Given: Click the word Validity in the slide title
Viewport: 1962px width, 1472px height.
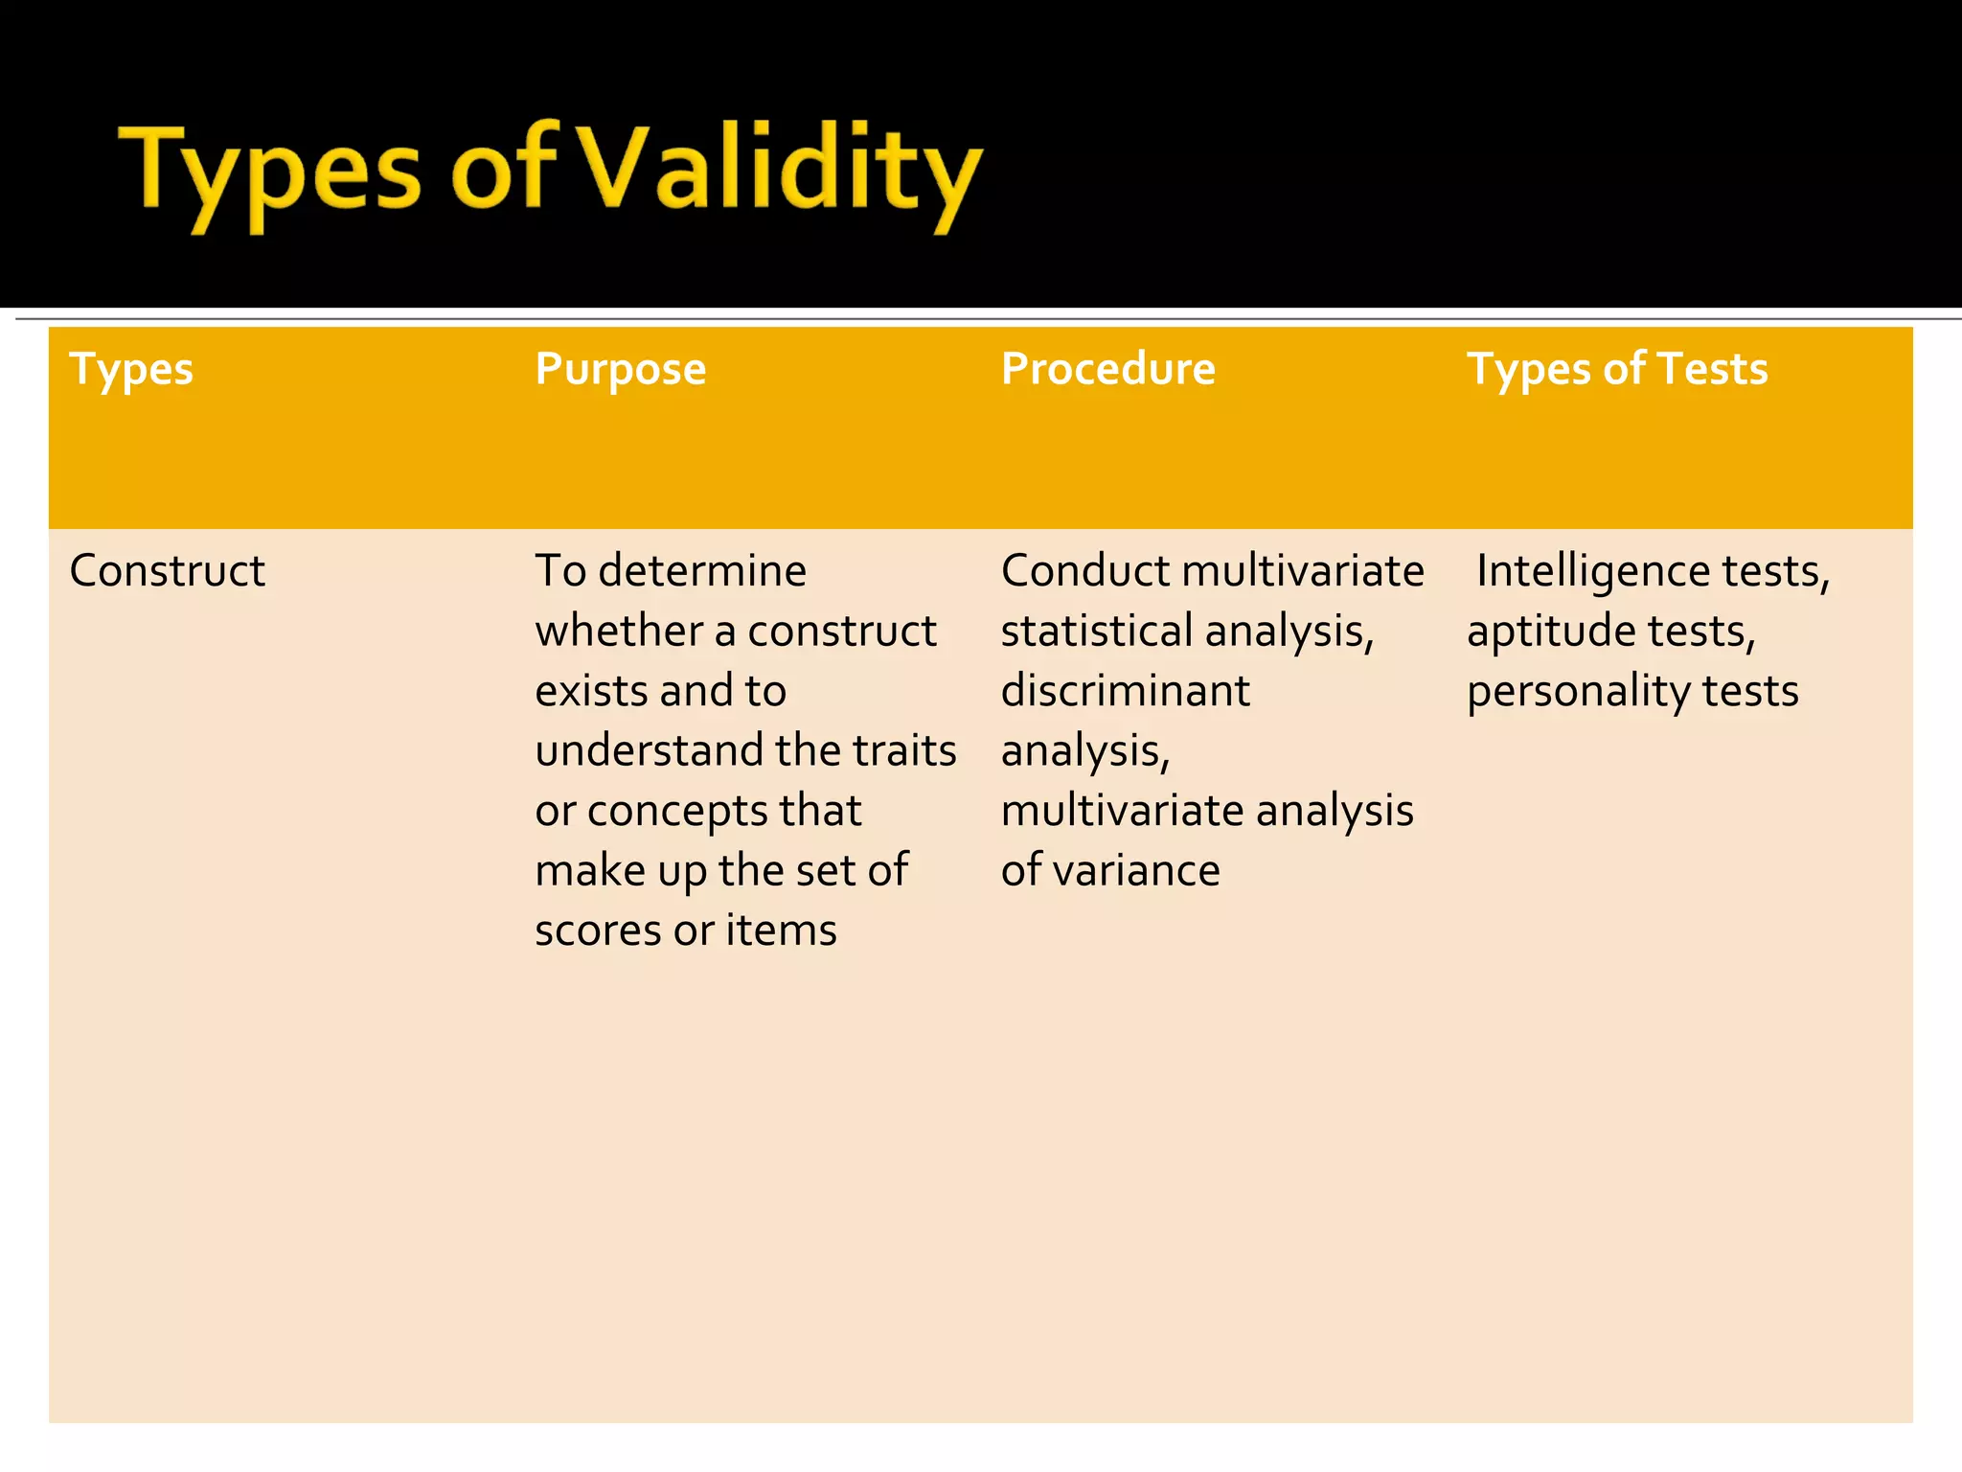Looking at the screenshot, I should tap(781, 171).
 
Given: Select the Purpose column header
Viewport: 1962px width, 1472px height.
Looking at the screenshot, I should tap(621, 369).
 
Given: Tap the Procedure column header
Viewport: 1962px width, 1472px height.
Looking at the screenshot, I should tap(1108, 369).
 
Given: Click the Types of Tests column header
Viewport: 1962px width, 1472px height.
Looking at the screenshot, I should tap(1617, 369).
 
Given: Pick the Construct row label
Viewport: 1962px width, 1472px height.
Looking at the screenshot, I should tap(167, 571).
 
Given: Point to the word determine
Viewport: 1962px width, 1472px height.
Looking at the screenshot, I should tap(702, 571).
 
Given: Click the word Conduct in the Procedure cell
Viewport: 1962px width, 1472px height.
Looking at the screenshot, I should tap(1085, 571).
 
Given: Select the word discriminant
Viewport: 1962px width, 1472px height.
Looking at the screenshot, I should tap(1126, 691).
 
